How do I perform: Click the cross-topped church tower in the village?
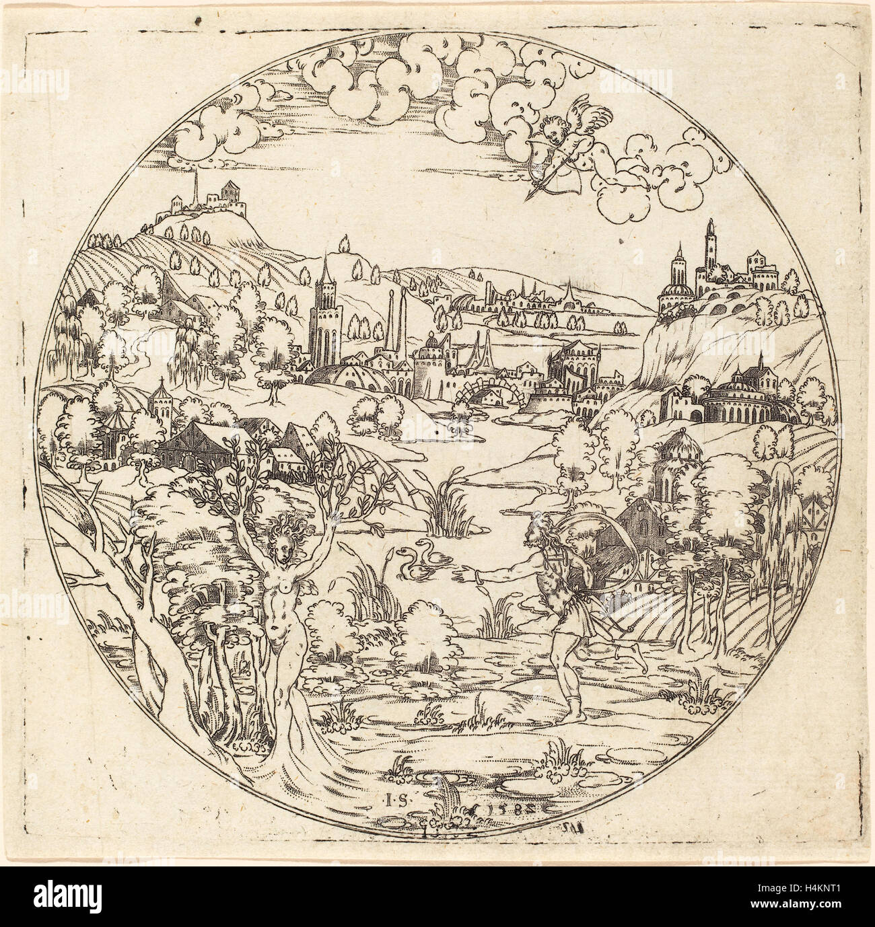coord(162,410)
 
